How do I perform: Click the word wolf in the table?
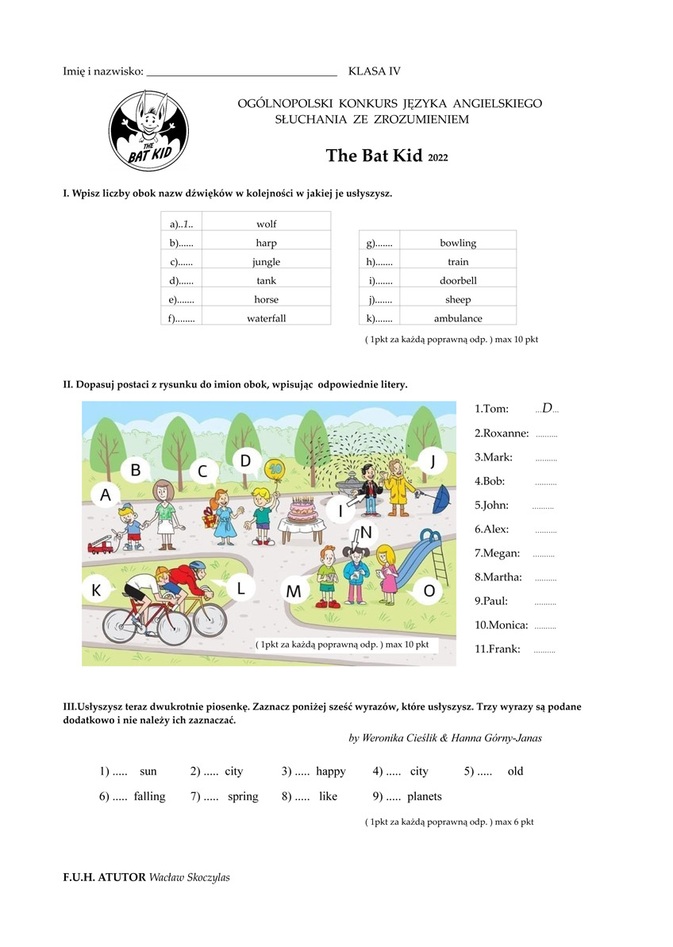tap(267, 224)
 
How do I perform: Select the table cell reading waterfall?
tap(267, 318)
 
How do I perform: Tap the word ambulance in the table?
tap(458, 318)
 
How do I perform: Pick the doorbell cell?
tap(458, 280)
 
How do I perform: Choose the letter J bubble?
tap(433, 460)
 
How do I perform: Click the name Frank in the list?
tap(498, 649)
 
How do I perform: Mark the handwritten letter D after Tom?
tap(547, 408)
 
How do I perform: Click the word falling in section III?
tap(149, 796)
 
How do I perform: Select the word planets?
tap(425, 796)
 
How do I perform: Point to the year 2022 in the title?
tap(438, 158)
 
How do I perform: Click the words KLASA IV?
tap(375, 71)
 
